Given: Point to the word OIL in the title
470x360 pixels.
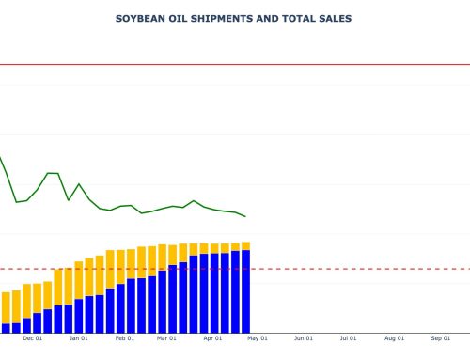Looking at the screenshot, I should click(x=179, y=18).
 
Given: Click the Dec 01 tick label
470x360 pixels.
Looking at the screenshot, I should click(x=32, y=338).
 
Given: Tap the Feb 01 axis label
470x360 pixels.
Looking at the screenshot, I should click(x=123, y=338).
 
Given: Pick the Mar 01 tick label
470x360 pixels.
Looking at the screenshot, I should click(x=166, y=338).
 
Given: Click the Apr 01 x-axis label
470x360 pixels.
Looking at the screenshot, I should click(x=212, y=338).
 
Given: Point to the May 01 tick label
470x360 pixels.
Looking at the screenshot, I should click(x=258, y=338).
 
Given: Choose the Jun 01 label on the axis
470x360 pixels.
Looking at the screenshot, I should click(x=303, y=338).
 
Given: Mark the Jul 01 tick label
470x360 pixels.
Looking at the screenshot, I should click(x=348, y=338).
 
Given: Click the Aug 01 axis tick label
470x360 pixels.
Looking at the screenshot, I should click(x=394, y=338).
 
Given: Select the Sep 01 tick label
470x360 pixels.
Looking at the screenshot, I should click(x=440, y=338).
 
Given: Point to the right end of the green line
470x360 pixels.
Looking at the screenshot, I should click(x=245, y=216).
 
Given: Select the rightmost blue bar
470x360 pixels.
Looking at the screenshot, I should click(x=245, y=291).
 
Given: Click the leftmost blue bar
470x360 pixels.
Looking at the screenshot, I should click(x=6, y=328).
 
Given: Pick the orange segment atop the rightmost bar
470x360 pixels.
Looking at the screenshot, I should click(x=245, y=245).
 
